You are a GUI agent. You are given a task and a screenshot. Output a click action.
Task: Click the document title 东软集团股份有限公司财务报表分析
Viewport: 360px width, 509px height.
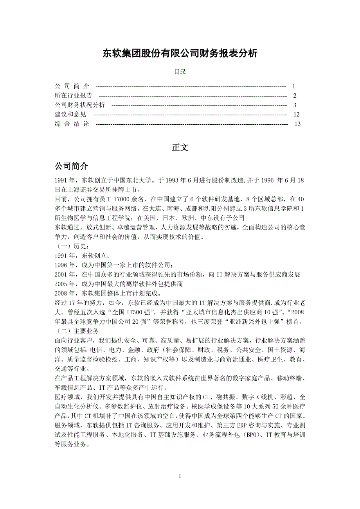[x=180, y=54]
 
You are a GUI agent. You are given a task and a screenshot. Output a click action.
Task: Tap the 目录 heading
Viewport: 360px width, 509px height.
[x=180, y=72]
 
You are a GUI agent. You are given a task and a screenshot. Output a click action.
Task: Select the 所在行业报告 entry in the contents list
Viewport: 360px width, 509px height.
[x=74, y=95]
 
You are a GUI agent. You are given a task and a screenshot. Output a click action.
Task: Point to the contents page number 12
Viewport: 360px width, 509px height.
[x=296, y=115]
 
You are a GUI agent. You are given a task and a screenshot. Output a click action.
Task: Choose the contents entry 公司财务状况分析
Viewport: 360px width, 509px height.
[x=80, y=105]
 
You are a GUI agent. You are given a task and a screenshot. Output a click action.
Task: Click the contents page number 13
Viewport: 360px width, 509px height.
[x=297, y=124]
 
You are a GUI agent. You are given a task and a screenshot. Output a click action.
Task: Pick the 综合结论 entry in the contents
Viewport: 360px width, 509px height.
[x=72, y=124]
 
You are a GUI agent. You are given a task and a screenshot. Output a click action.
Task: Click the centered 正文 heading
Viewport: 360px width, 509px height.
[x=180, y=147]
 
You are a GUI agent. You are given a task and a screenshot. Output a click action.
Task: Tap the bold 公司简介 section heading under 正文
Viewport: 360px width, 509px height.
[x=71, y=166]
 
